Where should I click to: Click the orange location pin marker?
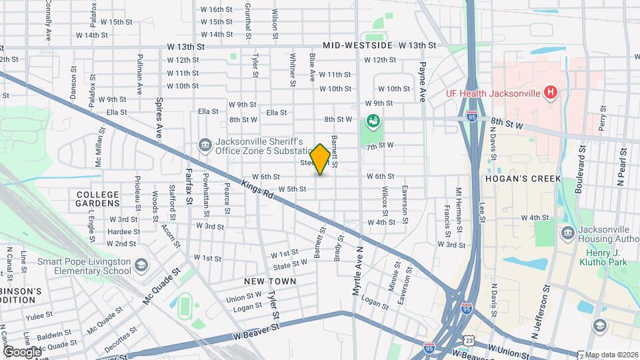pyautogui.click(x=320, y=159)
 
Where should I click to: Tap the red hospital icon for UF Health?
pyautogui.click(x=551, y=92)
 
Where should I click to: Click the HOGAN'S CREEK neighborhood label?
pyautogui.click(x=523, y=179)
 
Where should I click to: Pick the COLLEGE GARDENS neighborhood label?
pyautogui.click(x=97, y=198)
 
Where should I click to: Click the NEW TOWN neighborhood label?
pyautogui.click(x=270, y=282)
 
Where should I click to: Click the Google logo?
pyautogui.click(x=22, y=351)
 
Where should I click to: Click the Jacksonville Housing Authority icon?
pyautogui.click(x=568, y=233)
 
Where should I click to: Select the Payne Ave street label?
pyautogui.click(x=422, y=80)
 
